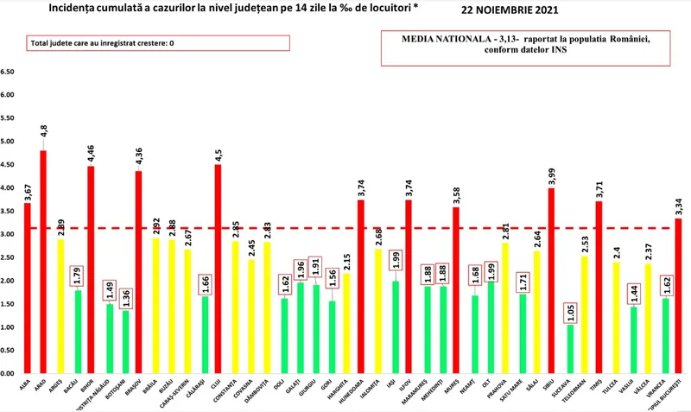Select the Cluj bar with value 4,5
tap(219, 269)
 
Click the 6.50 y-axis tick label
tap(8, 73)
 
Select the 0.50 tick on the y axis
tap(8, 351)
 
